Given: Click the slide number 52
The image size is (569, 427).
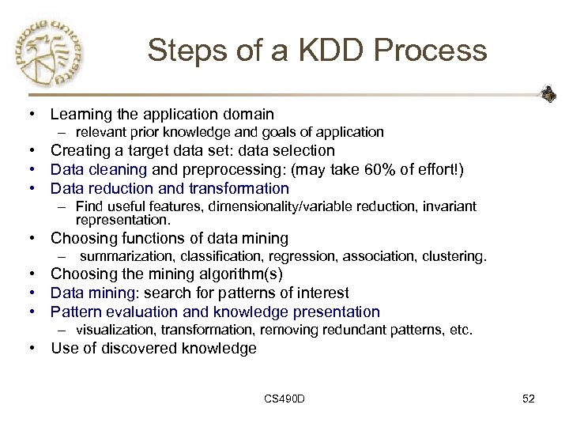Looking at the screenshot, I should pos(528,399).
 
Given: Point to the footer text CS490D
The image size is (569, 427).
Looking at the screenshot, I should pos(284,399).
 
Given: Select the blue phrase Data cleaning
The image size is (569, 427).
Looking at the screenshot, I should pos(99,169).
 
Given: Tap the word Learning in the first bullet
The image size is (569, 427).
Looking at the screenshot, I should pos(83,115).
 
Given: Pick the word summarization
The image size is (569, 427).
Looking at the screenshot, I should pos(129,256).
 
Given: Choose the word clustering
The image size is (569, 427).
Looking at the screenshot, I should pos(457,256).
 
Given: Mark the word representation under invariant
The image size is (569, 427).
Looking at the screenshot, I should pos(122,219).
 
